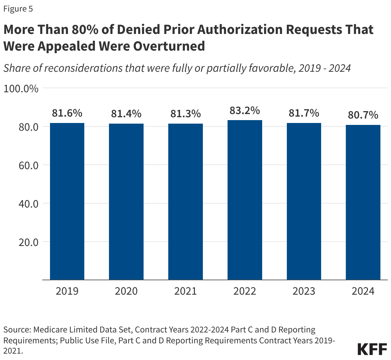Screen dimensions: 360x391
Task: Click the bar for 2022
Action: coord(245,200)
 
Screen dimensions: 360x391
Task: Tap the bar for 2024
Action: coord(363,202)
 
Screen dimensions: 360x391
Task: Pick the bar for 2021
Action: coord(185,201)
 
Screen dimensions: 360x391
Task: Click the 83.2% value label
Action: coord(245,110)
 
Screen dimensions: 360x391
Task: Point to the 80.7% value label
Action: coord(363,115)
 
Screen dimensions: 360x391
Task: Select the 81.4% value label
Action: coord(126,114)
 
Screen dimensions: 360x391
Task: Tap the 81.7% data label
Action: coord(304,113)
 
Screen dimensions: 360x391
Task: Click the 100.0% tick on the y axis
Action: coord(21,88)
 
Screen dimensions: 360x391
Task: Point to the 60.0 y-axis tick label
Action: coord(29,165)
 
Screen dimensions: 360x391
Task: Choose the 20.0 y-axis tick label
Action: coord(29,242)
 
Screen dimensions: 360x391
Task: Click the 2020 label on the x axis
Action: coord(126,291)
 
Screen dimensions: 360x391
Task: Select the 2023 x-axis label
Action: coord(304,291)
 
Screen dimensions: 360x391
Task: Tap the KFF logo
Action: coord(372,349)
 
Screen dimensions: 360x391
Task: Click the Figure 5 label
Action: coord(18,9)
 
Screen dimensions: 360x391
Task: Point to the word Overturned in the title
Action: coord(169,46)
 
